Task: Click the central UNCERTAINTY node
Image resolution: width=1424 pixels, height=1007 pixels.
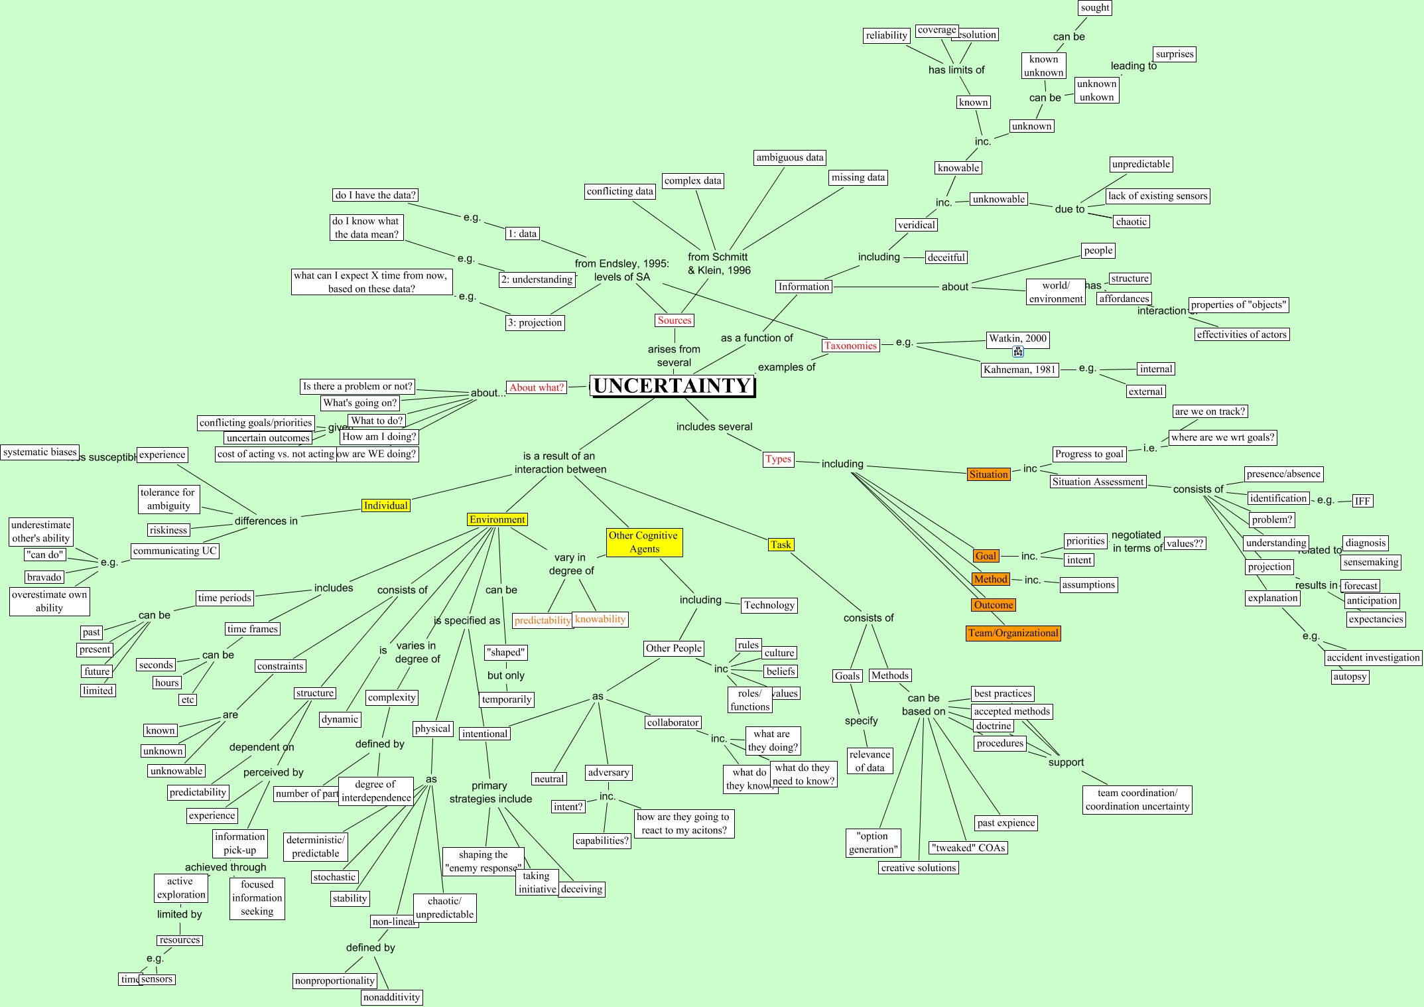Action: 673,385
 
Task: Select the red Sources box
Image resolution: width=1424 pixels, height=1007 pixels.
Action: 675,320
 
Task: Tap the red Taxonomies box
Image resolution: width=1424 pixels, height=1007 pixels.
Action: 850,346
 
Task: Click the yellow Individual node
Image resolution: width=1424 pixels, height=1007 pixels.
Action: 385,505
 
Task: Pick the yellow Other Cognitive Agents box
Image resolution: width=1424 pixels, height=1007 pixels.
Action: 643,542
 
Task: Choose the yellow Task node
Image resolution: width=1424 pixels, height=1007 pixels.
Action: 781,545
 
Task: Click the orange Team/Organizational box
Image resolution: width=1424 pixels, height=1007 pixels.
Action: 1013,633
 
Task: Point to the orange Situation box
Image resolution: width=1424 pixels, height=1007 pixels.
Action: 988,474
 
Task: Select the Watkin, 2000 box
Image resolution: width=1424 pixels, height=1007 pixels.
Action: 1017,338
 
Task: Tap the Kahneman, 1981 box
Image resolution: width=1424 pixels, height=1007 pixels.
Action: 1019,369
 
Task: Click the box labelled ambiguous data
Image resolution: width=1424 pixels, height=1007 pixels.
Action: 789,158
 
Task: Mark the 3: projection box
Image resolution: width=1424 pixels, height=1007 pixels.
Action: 535,322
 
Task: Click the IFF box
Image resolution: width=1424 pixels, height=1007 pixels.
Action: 1362,501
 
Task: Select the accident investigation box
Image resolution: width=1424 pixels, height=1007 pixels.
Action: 1373,657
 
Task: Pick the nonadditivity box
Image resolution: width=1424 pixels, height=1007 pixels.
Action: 391,997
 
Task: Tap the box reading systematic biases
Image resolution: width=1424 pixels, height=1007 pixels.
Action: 40,452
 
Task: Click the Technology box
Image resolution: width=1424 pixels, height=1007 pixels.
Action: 769,605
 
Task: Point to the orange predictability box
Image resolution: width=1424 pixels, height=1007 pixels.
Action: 542,620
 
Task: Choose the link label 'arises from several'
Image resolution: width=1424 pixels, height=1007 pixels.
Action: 674,356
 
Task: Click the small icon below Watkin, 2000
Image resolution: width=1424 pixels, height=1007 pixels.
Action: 1018,352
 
